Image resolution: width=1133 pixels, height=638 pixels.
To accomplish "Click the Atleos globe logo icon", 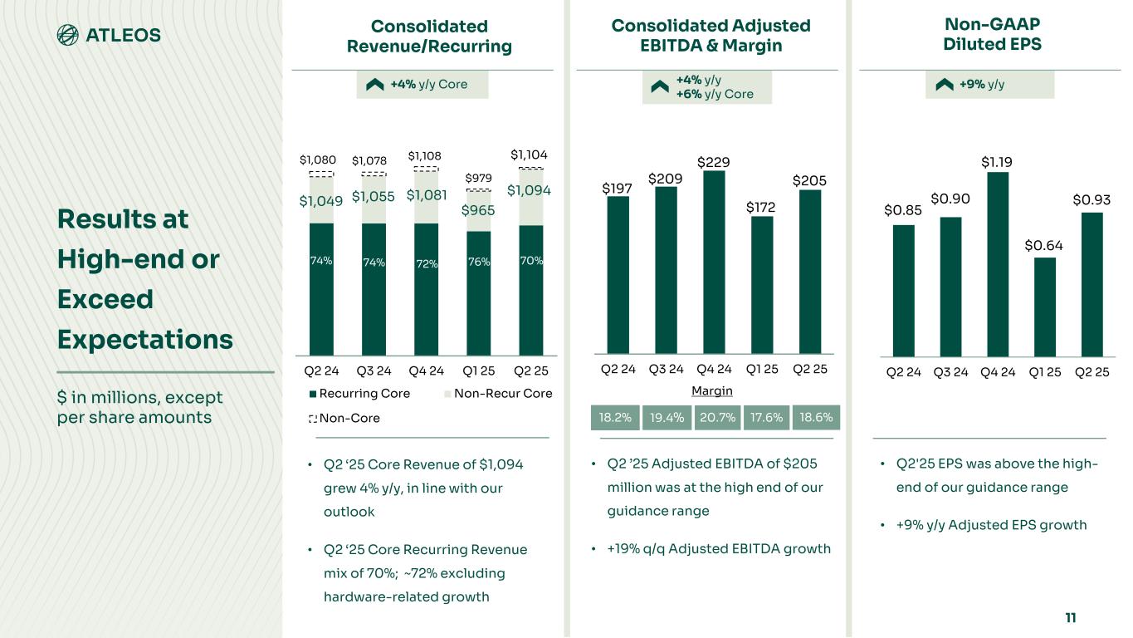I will click(x=67, y=35).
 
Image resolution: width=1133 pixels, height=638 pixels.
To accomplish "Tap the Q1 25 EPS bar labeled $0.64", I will click(x=1045, y=307).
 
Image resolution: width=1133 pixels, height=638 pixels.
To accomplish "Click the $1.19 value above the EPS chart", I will click(x=998, y=161).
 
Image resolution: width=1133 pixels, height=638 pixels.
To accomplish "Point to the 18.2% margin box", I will click(x=615, y=418).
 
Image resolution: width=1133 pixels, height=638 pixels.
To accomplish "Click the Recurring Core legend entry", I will click(x=359, y=393).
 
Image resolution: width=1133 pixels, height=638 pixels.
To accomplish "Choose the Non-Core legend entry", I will click(x=344, y=419).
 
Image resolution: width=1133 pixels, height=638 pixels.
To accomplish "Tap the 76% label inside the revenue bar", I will click(x=479, y=262).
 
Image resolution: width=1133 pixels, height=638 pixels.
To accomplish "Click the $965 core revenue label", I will click(x=478, y=210).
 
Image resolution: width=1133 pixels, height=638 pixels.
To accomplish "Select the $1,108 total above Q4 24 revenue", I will click(x=425, y=156).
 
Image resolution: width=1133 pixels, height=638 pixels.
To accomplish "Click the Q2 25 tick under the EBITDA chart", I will click(x=810, y=370).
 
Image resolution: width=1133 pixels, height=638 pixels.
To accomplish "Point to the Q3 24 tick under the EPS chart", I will click(x=950, y=372).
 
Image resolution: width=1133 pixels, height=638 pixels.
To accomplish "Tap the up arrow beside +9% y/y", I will click(x=944, y=85).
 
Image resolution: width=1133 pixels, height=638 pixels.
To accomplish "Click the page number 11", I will click(x=1070, y=617).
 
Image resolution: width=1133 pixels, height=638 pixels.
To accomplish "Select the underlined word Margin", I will click(x=712, y=390).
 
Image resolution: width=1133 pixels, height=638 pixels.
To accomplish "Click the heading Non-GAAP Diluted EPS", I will click(x=992, y=35).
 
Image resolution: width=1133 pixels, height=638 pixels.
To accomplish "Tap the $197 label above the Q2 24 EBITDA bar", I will click(x=618, y=189).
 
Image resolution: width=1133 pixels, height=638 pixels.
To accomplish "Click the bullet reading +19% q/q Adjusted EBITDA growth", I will click(x=719, y=548).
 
